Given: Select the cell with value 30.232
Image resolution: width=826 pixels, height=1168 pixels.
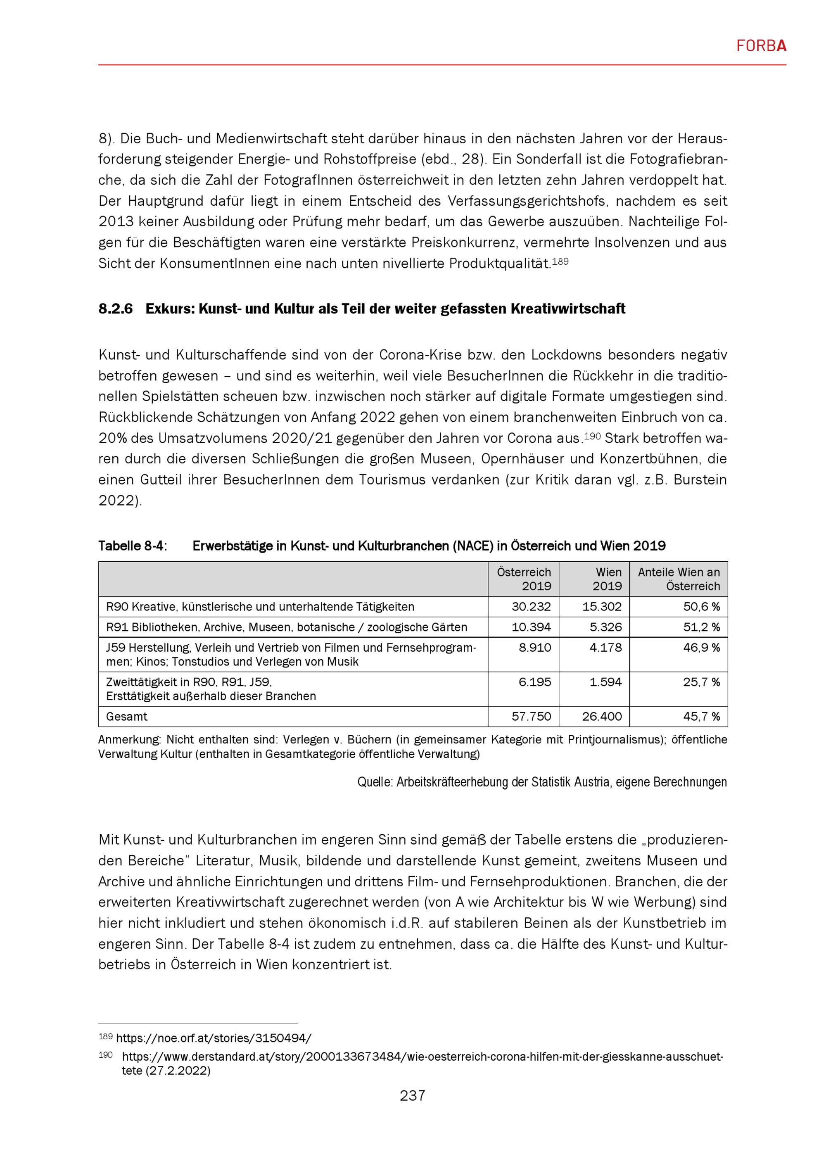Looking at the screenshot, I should pos(531,606).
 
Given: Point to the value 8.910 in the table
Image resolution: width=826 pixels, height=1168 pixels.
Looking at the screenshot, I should pos(534,648).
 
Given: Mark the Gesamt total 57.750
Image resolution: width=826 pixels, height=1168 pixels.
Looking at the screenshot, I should pos(531,716).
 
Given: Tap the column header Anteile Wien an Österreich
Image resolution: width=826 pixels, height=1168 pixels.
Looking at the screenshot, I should pos(679,579).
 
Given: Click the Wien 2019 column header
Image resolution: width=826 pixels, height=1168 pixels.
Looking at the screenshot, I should pos(607,579).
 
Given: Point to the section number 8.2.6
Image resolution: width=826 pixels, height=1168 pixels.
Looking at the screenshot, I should pos(116,309).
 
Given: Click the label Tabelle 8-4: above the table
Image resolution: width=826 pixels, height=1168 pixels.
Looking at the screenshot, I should pos(132,546).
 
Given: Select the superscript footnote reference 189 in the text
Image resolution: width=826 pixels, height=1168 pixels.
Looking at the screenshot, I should pos(560,261).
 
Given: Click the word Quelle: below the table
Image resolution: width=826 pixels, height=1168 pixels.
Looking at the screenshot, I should pos(375,782).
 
